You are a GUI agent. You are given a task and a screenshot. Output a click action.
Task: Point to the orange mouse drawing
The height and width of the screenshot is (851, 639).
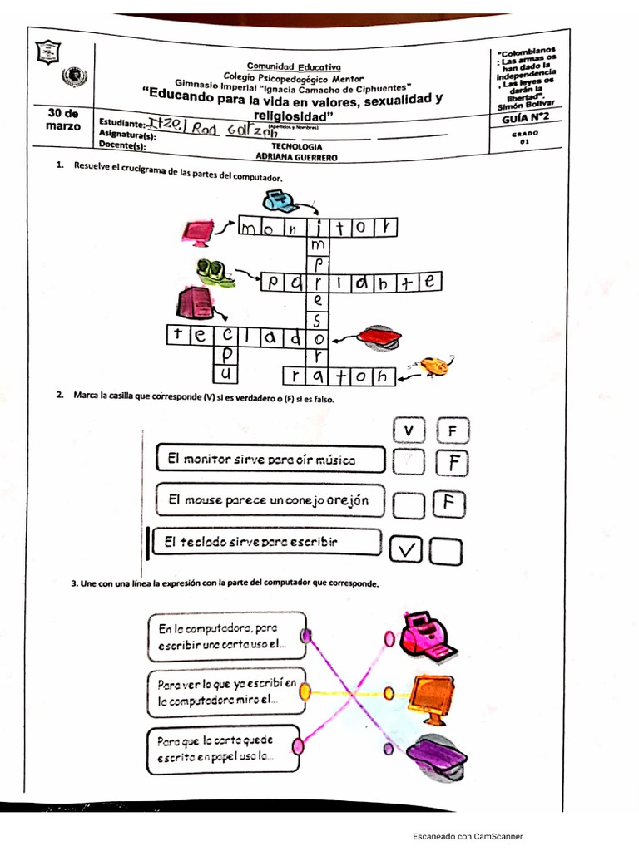433,366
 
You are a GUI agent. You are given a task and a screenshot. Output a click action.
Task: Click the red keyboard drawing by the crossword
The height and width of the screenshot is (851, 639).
379,336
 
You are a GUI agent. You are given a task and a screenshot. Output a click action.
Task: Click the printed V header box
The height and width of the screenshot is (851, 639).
408,430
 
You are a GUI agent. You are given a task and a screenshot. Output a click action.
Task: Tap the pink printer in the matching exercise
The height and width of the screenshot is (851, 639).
427,636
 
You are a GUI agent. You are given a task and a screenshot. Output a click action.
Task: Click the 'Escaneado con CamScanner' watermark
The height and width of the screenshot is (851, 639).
468,836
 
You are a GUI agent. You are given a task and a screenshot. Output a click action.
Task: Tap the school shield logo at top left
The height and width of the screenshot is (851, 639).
48,52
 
